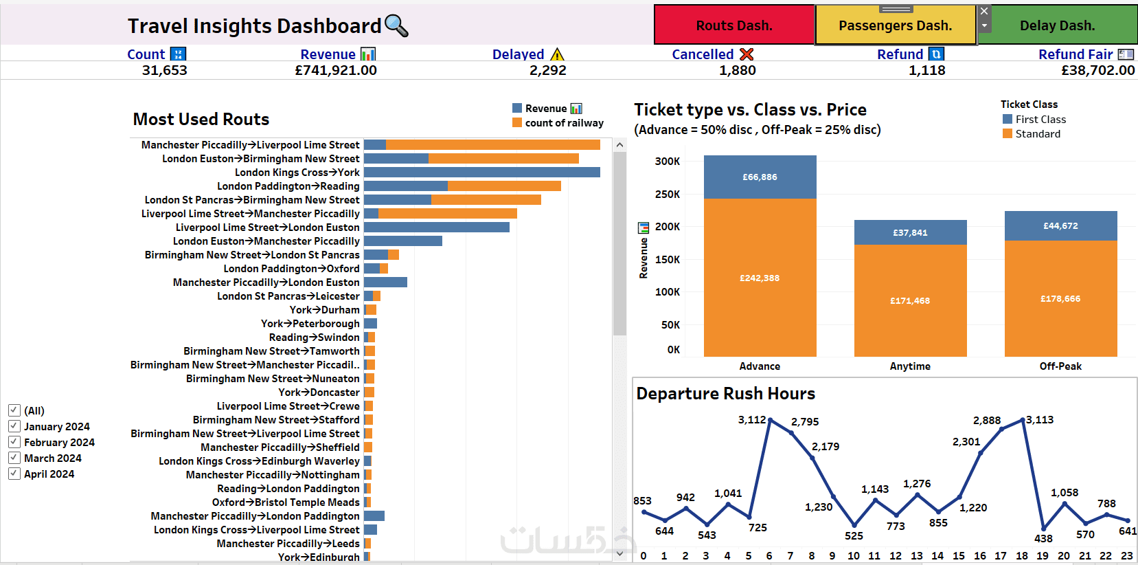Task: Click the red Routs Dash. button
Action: (x=733, y=25)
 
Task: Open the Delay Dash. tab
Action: (x=1057, y=25)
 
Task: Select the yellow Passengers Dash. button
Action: (x=895, y=25)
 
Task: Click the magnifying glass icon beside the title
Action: (x=396, y=25)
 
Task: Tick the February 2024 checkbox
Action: (x=14, y=442)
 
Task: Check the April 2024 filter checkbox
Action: (x=14, y=474)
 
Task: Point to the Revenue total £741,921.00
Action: (x=336, y=70)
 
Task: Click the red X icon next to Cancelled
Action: (x=747, y=54)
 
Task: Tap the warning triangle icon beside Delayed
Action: (x=557, y=54)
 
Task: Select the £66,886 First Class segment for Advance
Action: (x=760, y=177)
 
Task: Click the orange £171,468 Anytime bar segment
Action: (x=910, y=300)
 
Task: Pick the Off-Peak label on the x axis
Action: (x=1060, y=366)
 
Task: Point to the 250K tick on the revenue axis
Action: (x=667, y=195)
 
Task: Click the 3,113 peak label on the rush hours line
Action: (x=1040, y=420)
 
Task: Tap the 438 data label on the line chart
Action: (x=1043, y=539)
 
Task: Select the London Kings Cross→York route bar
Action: (x=481, y=173)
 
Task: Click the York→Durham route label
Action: (x=324, y=310)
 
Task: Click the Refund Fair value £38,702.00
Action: (x=1097, y=70)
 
